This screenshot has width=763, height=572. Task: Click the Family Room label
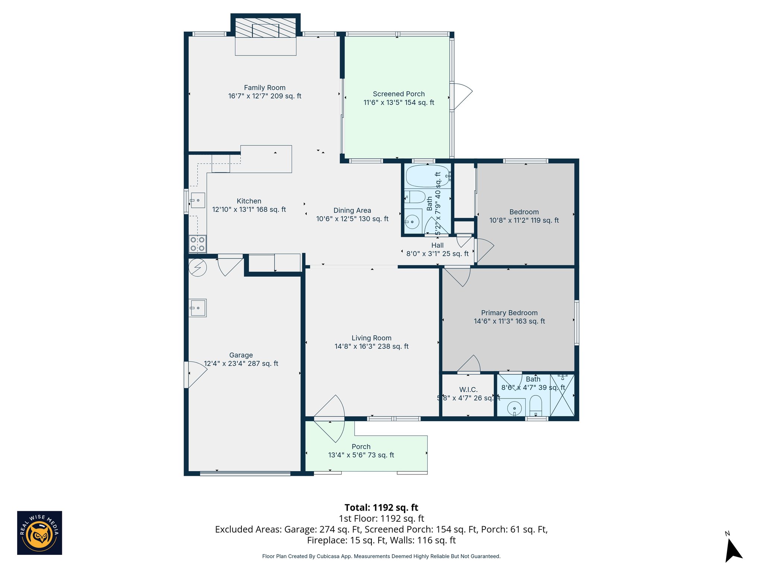tap(265, 88)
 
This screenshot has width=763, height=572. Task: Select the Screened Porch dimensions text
tap(399, 102)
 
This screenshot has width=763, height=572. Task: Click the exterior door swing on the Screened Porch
tap(462, 96)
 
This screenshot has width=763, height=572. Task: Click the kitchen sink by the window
tap(198, 200)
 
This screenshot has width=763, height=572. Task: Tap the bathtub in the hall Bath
tap(427, 176)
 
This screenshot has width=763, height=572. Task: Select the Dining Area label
tap(352, 210)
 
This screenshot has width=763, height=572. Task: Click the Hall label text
tap(437, 245)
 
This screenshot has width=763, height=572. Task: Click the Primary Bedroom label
tap(509, 313)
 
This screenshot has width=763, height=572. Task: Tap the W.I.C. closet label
tap(468, 390)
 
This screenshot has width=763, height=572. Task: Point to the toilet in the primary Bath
tap(535, 406)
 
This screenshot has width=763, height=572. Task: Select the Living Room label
tap(371, 338)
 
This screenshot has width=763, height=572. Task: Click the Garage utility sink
tap(198, 308)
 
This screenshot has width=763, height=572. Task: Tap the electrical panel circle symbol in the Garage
tap(197, 267)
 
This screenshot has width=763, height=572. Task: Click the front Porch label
tap(361, 447)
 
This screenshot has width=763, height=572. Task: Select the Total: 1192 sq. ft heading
tap(381, 508)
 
